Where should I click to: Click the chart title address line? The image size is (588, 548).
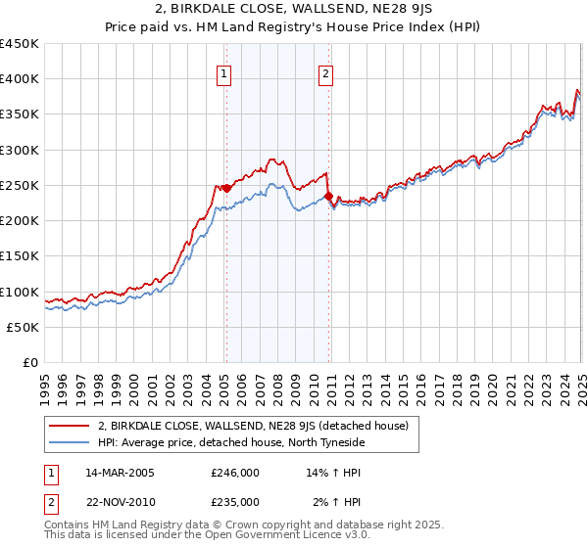tap(294, 9)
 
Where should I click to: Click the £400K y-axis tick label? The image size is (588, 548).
tap(19, 79)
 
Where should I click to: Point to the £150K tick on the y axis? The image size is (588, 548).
tap(19, 256)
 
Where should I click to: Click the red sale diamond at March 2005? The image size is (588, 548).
tap(226, 188)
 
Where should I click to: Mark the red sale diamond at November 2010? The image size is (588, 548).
tap(328, 196)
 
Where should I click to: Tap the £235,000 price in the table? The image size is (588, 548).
tap(235, 502)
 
